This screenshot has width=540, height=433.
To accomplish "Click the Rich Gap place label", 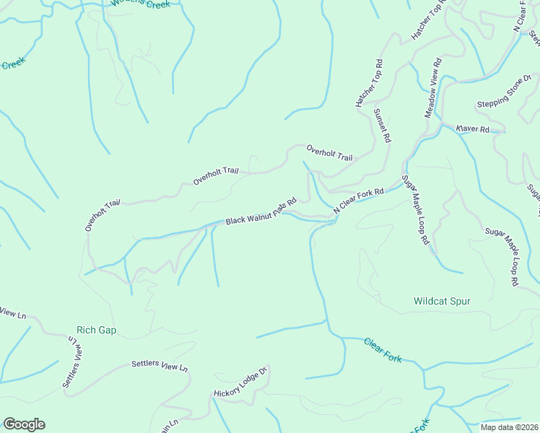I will pyautogui.click(x=96, y=331).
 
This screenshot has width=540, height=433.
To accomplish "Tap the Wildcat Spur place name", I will pyautogui.click(x=442, y=301).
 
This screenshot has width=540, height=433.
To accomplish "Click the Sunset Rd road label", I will pyautogui.click(x=382, y=125).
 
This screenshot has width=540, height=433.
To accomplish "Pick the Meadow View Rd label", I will pyautogui.click(x=432, y=89).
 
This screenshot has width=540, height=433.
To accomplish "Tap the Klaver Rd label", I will pyautogui.click(x=473, y=129).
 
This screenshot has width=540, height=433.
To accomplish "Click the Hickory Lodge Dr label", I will pyautogui.click(x=240, y=382).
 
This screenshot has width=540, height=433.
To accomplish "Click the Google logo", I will pyautogui.click(x=24, y=424).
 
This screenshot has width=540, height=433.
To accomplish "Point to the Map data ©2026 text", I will pyautogui.click(x=509, y=427).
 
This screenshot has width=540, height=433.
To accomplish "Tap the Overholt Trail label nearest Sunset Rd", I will pyautogui.click(x=329, y=152).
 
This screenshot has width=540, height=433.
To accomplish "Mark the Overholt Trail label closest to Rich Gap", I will pyautogui.click(x=102, y=216).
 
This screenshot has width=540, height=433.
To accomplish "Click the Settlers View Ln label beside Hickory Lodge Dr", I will pyautogui.click(x=160, y=366).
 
